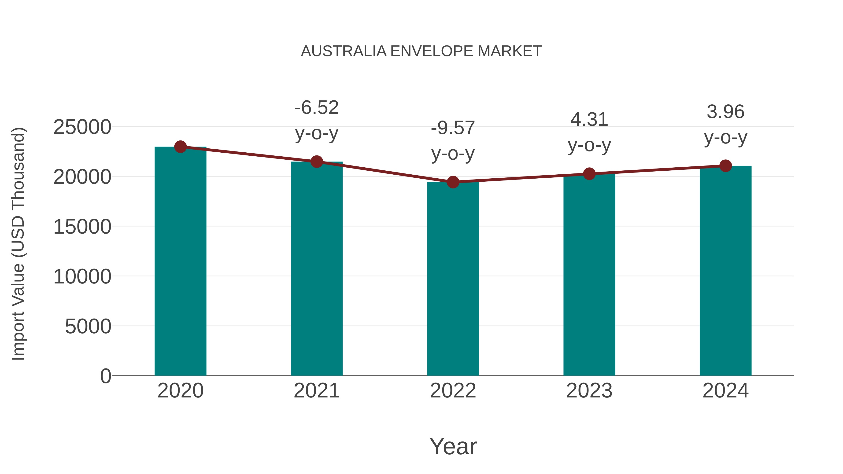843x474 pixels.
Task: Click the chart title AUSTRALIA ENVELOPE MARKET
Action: click(x=421, y=51)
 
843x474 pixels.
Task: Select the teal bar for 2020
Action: click(x=180, y=262)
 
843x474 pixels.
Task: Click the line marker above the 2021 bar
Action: click(x=316, y=162)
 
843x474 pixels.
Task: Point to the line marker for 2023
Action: click(x=589, y=174)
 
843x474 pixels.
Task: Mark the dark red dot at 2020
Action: click(x=180, y=147)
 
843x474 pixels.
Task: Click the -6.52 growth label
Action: click(x=316, y=108)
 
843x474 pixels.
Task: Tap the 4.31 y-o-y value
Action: click(x=589, y=119)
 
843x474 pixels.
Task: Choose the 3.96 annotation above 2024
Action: click(x=725, y=112)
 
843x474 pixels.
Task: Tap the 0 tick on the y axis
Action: click(x=105, y=376)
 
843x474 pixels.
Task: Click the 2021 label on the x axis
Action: click(x=316, y=391)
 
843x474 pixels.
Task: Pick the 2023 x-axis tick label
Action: click(x=589, y=391)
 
